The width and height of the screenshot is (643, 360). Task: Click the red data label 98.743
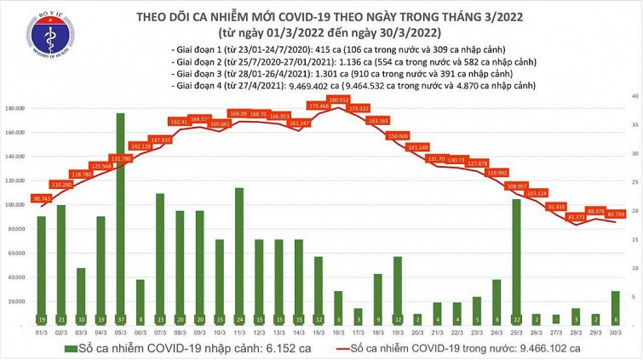coord(41,197)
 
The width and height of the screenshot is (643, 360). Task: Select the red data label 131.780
coord(121,158)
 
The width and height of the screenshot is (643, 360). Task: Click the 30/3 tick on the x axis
coord(615,333)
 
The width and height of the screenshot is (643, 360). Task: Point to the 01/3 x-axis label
coord(41,333)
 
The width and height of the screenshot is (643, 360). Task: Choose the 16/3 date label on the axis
coord(338,333)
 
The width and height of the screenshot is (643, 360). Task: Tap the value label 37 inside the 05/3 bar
coord(120,319)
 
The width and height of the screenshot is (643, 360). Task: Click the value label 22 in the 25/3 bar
coord(516,319)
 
